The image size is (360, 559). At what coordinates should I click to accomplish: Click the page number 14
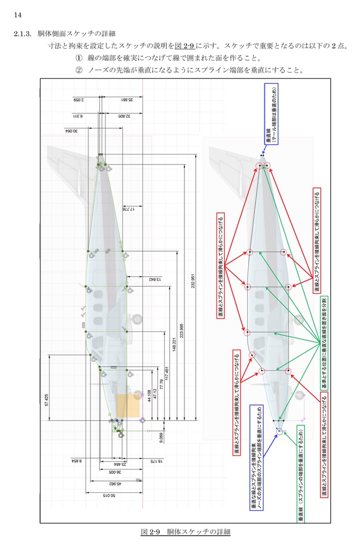pos(17,15)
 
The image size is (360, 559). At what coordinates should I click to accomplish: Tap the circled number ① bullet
pos(79,58)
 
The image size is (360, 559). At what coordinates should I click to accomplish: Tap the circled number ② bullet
pos(79,70)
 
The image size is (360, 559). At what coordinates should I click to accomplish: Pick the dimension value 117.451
pos(166,374)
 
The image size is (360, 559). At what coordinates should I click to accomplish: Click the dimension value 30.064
pos(70,131)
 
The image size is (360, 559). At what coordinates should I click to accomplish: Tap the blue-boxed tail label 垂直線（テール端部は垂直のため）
pos(272,114)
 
